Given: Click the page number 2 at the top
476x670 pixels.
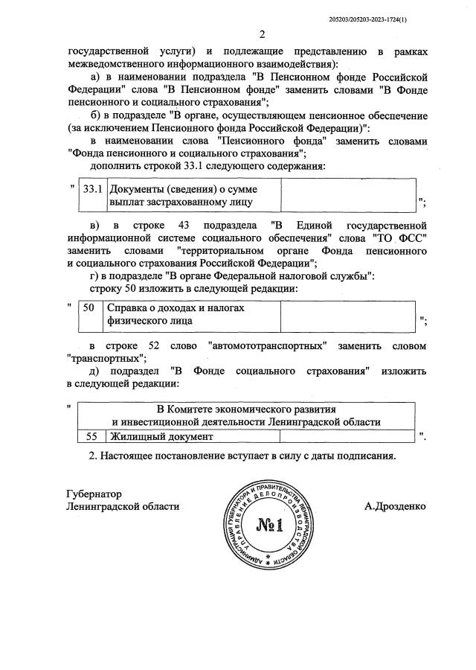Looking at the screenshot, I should click(262, 33).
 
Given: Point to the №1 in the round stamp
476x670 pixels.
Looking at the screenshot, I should click(270, 525).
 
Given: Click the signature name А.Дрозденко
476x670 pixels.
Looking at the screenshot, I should click(395, 506).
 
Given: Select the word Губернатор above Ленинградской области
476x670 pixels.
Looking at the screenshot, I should click(94, 494).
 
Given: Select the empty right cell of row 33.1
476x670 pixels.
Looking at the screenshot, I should click(347, 194).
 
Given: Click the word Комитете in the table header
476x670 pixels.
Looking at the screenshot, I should click(200, 409).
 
